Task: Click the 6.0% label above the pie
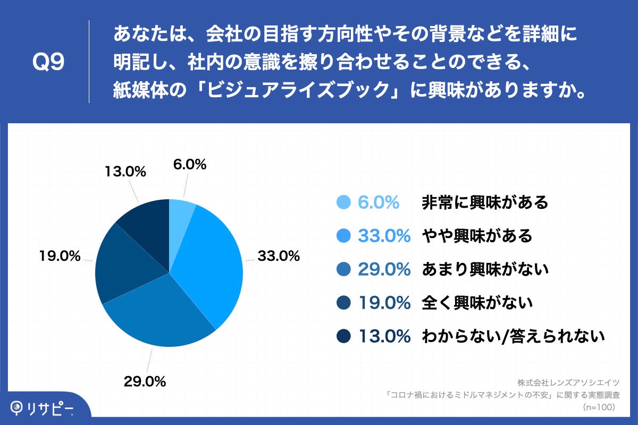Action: [190, 165]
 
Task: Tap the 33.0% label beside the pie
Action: [279, 256]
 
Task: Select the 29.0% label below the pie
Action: [145, 381]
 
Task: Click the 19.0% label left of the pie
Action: [60, 256]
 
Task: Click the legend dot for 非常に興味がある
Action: [344, 202]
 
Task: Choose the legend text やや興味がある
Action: [477, 236]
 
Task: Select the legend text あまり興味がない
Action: [484, 269]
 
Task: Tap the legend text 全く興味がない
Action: [477, 303]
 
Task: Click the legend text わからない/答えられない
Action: [513, 336]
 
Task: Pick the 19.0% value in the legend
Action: [384, 303]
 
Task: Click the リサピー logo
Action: [44, 408]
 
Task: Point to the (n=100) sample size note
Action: [599, 407]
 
